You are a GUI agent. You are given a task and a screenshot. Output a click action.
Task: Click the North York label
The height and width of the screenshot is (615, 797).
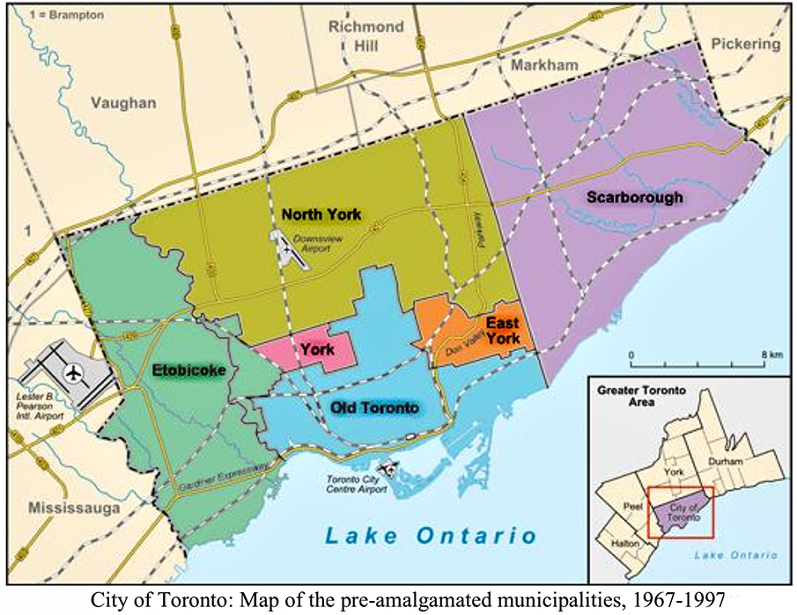click(321, 214)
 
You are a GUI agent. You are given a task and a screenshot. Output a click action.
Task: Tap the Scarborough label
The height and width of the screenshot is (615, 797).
click(635, 197)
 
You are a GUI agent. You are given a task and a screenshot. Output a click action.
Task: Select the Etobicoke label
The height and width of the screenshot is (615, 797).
click(188, 370)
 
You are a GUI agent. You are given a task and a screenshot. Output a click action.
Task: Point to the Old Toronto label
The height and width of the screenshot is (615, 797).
click(373, 407)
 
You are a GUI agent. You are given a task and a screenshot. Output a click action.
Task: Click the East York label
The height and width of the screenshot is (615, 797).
click(502, 331)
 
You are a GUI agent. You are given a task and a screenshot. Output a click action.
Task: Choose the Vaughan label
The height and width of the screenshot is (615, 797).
click(122, 103)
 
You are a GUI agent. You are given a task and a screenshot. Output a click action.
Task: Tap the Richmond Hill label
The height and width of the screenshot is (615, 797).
click(365, 36)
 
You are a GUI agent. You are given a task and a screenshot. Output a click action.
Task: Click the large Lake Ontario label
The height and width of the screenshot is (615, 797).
click(430, 535)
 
